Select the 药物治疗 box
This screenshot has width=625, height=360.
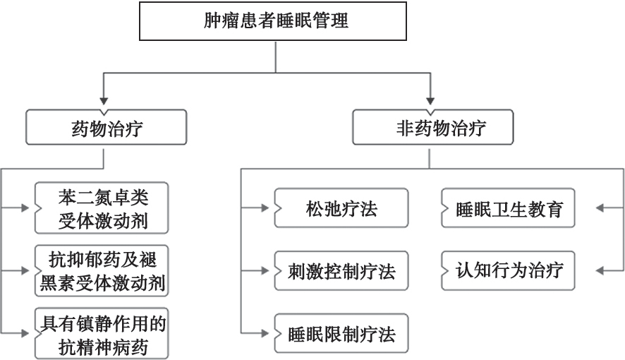pos(105,129)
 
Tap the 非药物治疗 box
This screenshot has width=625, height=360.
pos(432,129)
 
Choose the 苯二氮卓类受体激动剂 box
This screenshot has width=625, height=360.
pos(103,208)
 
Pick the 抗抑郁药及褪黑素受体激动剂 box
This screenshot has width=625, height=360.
pos(103,270)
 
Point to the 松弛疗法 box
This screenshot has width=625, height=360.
pos(341,208)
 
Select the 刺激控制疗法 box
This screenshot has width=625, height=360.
pos(341,270)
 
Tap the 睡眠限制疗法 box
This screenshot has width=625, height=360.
pos(341,332)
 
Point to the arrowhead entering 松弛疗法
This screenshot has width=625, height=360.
pos(263,208)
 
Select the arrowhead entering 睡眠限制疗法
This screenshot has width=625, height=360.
pos(263,332)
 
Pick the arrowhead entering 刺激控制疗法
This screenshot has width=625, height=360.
pos(263,270)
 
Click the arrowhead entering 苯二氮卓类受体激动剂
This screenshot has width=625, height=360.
pos(25,208)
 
